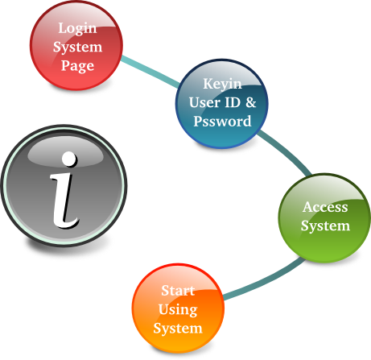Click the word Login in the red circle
[x=77, y=29]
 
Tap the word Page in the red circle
[x=77, y=66]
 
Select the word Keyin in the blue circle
[x=222, y=85]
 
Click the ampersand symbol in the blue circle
[x=251, y=102]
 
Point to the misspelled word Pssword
[x=222, y=121]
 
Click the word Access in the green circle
[x=325, y=207]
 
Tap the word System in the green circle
[x=325, y=226]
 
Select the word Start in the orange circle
[x=178, y=291]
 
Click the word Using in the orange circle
[x=178, y=310]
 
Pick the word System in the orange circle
[x=178, y=329]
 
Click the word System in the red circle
[x=77, y=48]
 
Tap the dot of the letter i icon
[x=69, y=159]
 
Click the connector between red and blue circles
[x=150, y=71]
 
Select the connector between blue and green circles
[x=286, y=151]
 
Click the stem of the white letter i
[x=64, y=200]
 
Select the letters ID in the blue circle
[x=233, y=102]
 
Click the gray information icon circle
[x=64, y=186]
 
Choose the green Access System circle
[x=325, y=218]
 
